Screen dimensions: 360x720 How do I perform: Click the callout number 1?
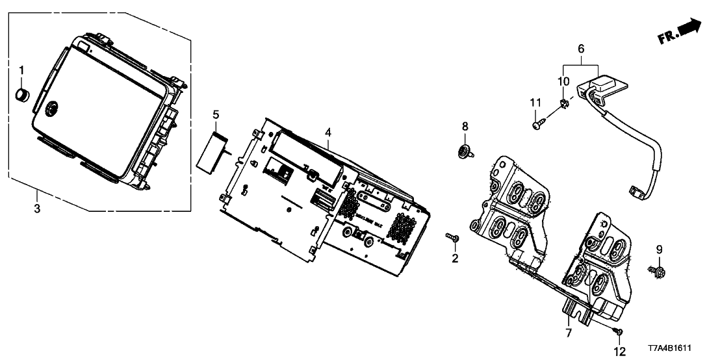coord(21,70)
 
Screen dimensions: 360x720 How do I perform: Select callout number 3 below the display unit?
coord(37,209)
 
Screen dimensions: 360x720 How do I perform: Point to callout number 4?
coord(329,133)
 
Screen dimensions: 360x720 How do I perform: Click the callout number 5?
coord(216,116)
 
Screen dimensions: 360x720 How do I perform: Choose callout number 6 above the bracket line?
coord(581,49)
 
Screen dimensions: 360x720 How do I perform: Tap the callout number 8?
coord(464,125)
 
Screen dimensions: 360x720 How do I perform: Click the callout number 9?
coord(658,249)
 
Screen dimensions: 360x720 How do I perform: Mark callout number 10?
coord(563,81)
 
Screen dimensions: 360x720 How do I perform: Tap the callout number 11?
coord(535,102)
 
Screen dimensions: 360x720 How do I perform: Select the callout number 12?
coord(619,352)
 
